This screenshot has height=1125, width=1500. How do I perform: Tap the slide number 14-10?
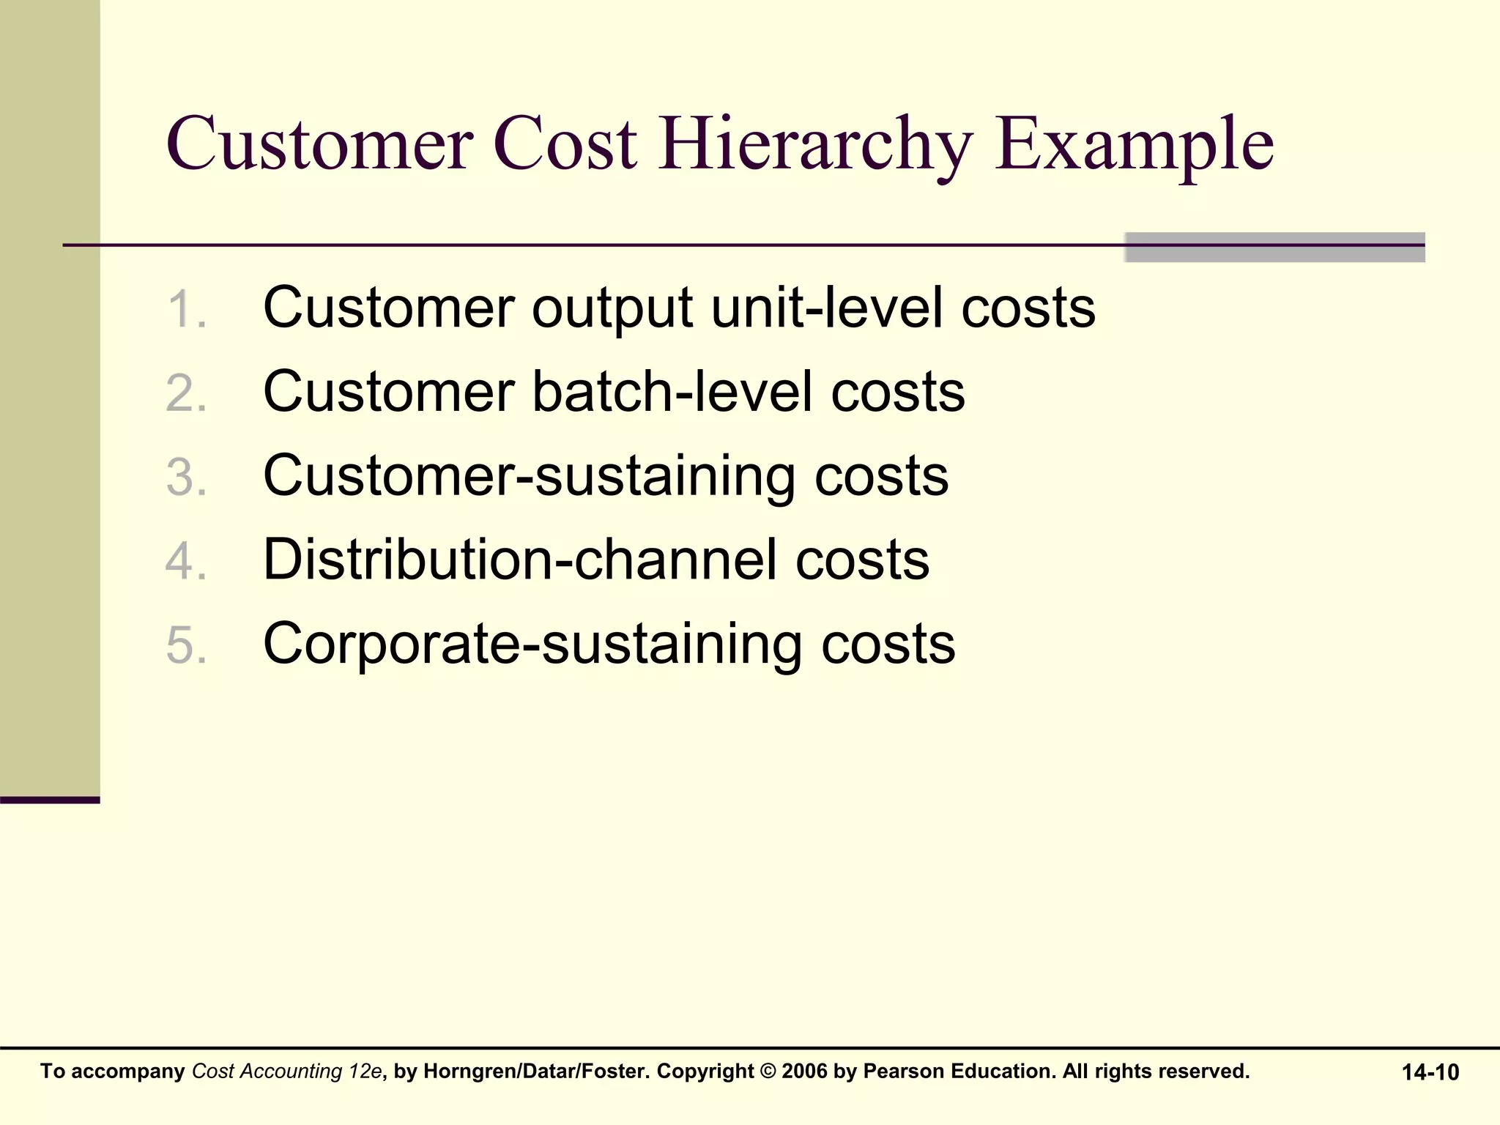coord(1430,1072)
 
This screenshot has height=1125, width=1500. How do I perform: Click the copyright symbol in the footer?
coord(768,1072)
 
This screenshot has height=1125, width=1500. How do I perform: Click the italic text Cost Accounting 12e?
coord(286,1072)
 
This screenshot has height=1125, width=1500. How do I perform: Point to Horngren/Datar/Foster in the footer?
coord(536,1072)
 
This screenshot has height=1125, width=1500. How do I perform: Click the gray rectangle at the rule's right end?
coord(1274,248)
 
